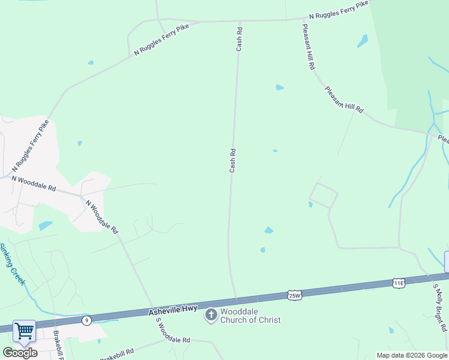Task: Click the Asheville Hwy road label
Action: (x=171, y=312)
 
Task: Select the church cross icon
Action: (x=211, y=315)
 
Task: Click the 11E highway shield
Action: (x=399, y=283)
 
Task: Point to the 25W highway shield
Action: (x=294, y=295)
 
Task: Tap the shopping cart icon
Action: (x=24, y=331)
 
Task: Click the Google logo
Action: (x=20, y=353)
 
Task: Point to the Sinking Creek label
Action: (x=13, y=264)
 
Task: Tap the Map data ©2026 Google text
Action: (x=412, y=355)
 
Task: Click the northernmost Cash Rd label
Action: (x=239, y=38)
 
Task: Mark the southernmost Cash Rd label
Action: (x=232, y=161)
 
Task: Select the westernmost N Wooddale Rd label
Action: (x=33, y=184)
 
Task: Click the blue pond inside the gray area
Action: (x=46, y=226)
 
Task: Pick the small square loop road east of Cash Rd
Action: (x=323, y=195)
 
